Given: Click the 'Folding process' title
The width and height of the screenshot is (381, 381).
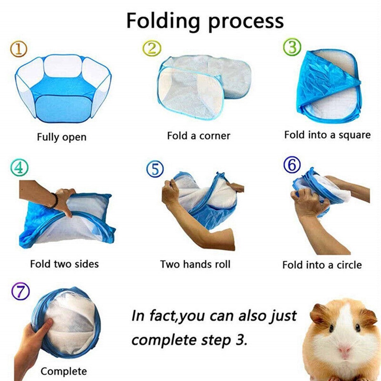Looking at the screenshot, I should (x=205, y=21).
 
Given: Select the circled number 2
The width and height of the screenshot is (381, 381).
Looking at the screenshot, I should (x=152, y=48).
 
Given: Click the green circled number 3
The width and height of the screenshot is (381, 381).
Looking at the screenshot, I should (x=292, y=48).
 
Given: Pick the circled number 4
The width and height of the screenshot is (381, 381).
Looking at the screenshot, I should (x=19, y=168).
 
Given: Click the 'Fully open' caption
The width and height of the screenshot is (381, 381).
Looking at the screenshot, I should (x=61, y=137).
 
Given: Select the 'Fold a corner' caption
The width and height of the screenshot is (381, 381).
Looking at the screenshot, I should (x=199, y=136).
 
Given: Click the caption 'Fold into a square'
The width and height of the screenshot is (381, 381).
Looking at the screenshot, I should (x=327, y=135).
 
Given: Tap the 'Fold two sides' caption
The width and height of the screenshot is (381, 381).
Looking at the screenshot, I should (x=64, y=264).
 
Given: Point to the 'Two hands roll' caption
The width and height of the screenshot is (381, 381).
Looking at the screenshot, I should (x=195, y=264).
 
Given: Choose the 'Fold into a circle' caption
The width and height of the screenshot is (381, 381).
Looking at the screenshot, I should (x=322, y=265).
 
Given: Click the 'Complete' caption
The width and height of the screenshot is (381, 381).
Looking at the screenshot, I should (x=64, y=371).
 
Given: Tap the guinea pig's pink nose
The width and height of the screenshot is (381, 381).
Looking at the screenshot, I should (x=344, y=350).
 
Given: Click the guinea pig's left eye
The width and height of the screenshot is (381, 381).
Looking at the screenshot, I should (x=330, y=328).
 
